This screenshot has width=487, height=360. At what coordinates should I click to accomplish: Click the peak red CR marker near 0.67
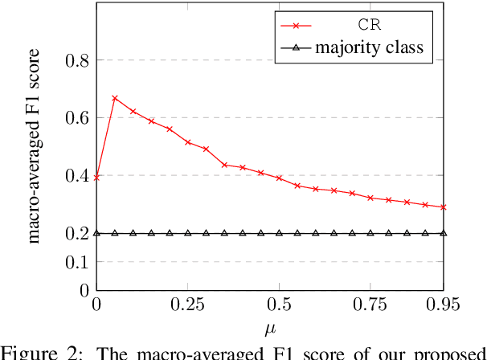click(x=115, y=98)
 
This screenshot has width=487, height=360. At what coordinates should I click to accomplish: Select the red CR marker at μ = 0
click(x=96, y=178)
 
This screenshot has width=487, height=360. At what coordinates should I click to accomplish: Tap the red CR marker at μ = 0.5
click(x=279, y=178)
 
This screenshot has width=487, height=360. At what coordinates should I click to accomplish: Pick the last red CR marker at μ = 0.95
click(x=443, y=207)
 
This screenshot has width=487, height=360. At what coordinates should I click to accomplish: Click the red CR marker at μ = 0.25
click(x=188, y=142)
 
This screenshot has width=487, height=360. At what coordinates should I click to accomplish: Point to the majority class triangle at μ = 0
click(x=96, y=233)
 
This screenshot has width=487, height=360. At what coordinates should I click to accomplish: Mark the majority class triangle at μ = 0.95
click(x=443, y=233)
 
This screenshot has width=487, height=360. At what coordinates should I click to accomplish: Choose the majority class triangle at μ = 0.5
click(x=279, y=233)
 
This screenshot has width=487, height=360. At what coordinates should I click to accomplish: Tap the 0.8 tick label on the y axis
click(x=75, y=60)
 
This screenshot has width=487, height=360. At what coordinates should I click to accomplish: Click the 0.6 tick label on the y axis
click(x=75, y=118)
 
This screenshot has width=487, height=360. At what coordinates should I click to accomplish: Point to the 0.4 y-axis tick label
click(x=75, y=175)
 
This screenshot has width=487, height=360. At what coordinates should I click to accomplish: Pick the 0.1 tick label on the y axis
click(x=75, y=262)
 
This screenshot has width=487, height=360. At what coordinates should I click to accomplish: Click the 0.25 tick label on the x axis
click(x=187, y=304)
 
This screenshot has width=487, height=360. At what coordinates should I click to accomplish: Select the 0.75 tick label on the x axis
click(x=370, y=304)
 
